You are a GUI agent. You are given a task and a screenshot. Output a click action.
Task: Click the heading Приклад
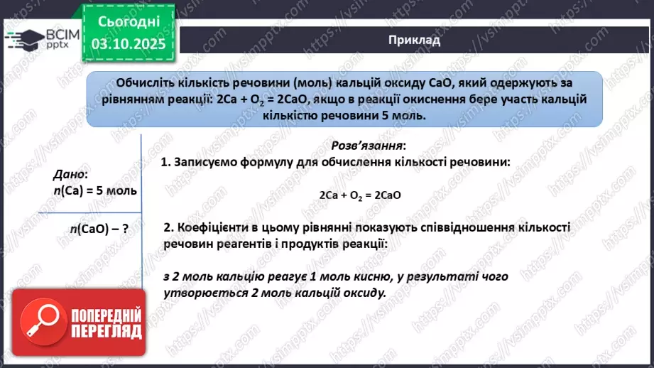click(x=415, y=40)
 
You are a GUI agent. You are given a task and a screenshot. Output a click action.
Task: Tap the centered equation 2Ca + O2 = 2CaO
click(x=356, y=194)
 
